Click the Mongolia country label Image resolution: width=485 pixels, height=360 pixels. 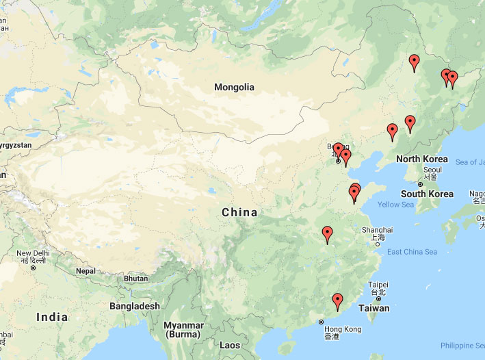tap(234, 87)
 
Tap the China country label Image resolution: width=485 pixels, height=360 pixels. tap(239, 212)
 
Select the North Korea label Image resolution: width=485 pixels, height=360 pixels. tap(421, 159)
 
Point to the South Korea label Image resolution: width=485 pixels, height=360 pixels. tap(427, 194)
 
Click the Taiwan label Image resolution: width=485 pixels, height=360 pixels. tap(374, 308)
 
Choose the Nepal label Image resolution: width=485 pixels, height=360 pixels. tap(86, 271)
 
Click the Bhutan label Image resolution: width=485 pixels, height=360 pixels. tap(135, 279)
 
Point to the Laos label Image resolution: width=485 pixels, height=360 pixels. tap(231, 346)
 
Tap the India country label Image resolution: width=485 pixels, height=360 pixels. tap(52, 317)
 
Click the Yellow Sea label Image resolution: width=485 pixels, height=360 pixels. tap(395, 205)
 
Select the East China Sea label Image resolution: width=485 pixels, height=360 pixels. tap(412, 252)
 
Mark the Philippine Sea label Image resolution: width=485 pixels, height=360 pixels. tap(461, 346)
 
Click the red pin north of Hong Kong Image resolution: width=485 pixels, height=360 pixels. tap(337, 300)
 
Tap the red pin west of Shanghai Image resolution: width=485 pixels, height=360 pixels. tap(327, 233)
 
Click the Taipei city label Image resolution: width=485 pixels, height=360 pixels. tap(378, 285)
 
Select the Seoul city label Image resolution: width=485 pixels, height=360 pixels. tap(432, 170)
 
